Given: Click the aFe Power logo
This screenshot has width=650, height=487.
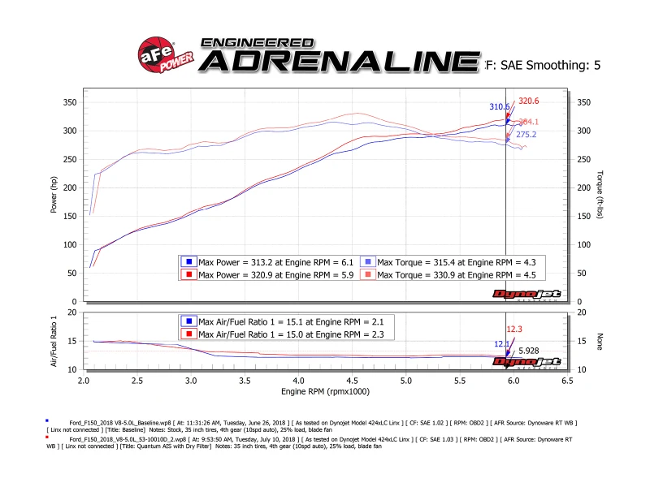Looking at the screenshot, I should (159, 54).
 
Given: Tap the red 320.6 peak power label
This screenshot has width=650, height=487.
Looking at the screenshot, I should (529, 101).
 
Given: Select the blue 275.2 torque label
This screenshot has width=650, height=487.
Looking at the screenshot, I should (526, 136).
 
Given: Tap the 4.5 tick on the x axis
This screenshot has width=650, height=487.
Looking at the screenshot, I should (352, 380).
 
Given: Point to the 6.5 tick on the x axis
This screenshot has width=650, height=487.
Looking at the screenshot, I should (566, 380).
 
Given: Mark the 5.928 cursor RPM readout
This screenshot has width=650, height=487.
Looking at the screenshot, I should (529, 350).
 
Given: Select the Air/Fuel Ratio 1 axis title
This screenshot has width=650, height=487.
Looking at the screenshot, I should (54, 340).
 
